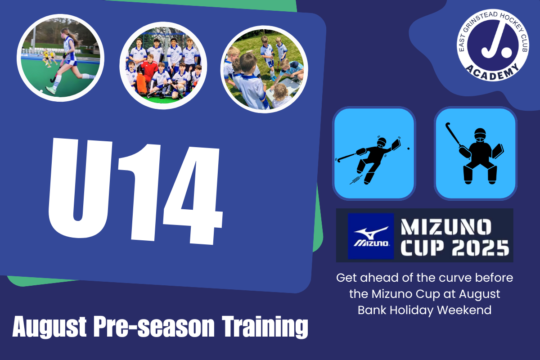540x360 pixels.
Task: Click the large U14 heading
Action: [135, 191]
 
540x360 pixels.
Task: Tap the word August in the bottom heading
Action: [49, 327]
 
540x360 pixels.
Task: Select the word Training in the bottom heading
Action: [265, 327]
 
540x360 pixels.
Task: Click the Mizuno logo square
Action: [371, 236]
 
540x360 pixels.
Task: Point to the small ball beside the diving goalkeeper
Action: [409, 148]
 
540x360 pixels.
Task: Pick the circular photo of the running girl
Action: [60, 58]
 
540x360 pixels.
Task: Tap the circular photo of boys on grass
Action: [264, 69]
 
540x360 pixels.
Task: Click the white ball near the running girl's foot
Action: [41, 91]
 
